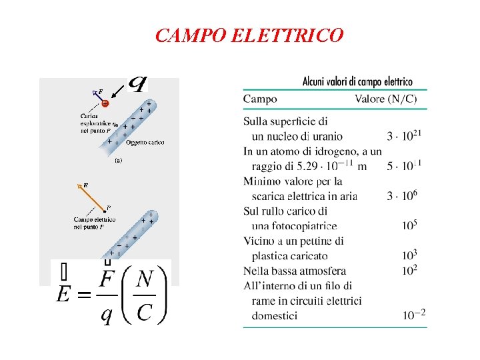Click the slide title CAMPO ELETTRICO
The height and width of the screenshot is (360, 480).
tap(249, 35)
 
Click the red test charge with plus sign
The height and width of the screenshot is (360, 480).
tap(105, 103)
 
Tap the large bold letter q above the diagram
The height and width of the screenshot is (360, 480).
tap(137, 84)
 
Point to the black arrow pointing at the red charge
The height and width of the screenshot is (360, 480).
tap(117, 91)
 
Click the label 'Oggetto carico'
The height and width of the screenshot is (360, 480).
tap(145, 142)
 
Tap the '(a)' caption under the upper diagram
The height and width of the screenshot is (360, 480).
tap(119, 161)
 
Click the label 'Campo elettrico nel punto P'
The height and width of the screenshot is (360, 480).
tap(94, 223)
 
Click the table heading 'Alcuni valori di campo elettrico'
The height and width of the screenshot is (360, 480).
tap(357, 82)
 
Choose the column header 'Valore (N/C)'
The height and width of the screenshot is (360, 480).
tap(386, 99)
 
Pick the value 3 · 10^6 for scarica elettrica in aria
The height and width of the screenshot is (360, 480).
tap(402, 195)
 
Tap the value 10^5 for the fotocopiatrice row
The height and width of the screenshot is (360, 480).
tap(409, 225)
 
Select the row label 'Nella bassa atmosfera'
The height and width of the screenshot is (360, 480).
tap(295, 271)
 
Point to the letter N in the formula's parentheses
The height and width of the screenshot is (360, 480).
tap(144, 280)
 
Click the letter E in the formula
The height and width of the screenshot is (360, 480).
tap(65, 293)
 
